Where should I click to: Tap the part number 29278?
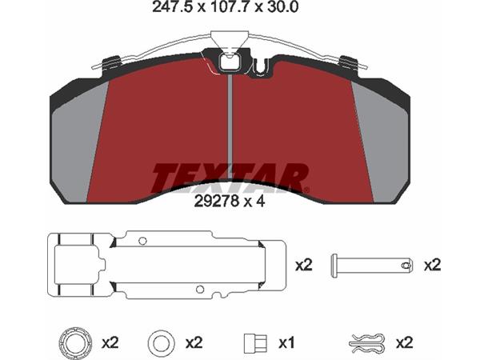[x=217, y=202]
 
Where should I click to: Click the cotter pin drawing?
[x=372, y=266]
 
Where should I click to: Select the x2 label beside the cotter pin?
[x=433, y=266]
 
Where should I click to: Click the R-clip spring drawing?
[x=367, y=344]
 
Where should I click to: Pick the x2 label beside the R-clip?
[x=404, y=343]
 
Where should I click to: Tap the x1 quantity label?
[x=286, y=343]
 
